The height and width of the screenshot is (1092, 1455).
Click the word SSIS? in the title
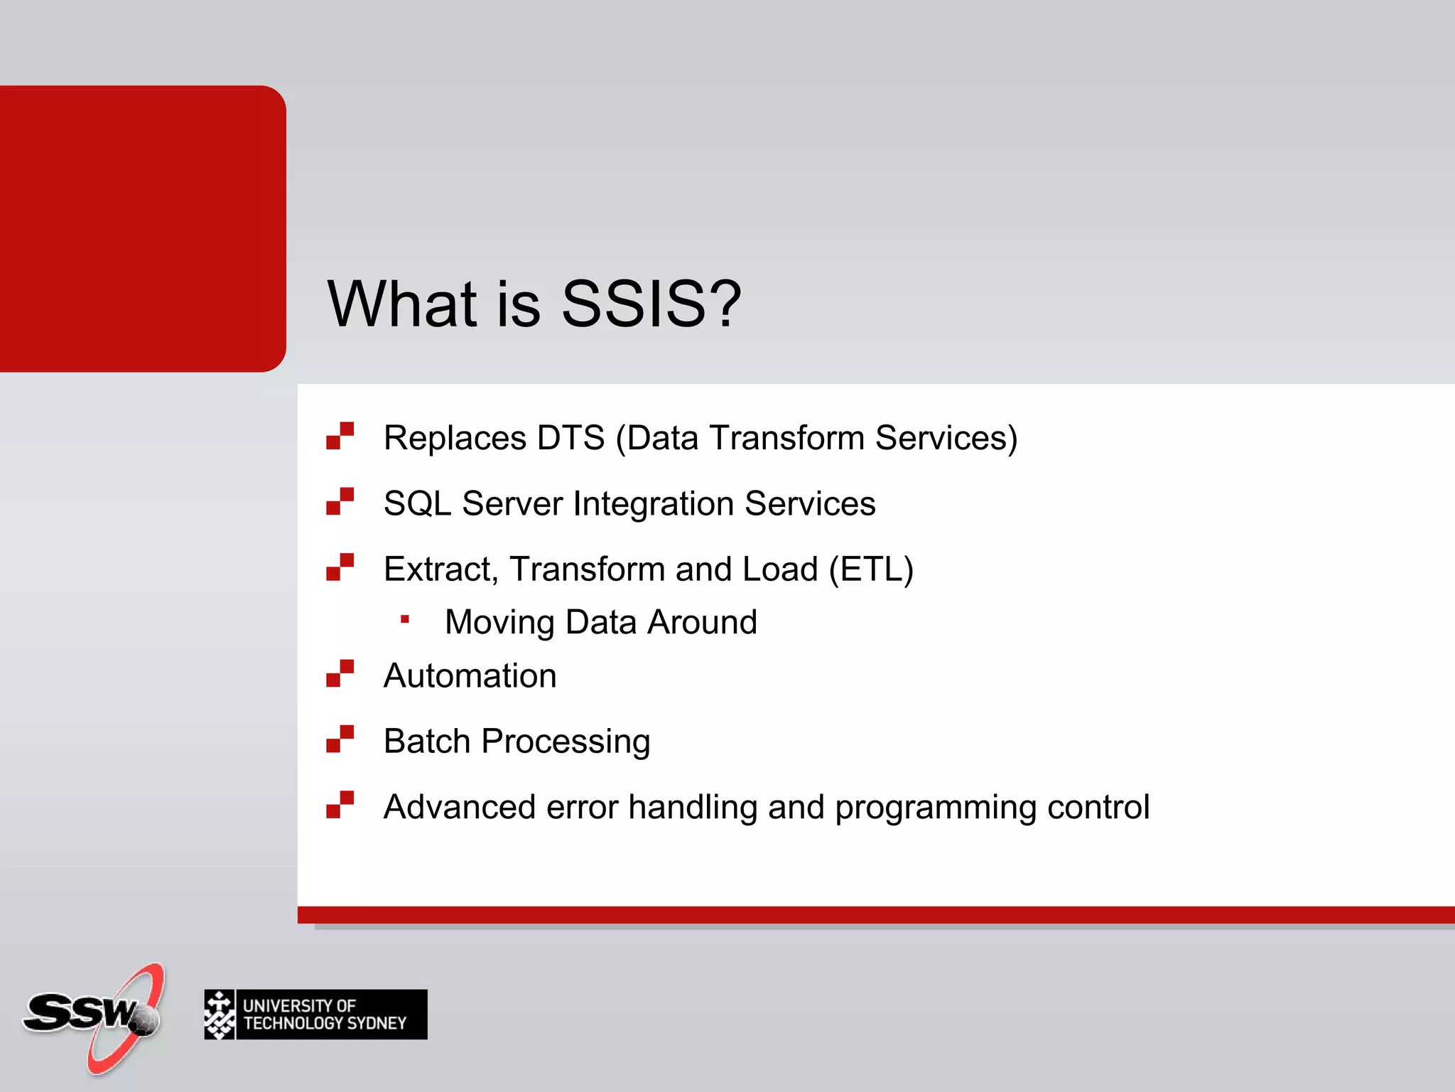pos(651,304)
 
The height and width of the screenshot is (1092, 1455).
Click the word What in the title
pos(402,304)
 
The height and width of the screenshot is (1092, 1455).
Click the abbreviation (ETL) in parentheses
pos(871,569)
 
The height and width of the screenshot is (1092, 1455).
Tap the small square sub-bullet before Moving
pos(405,619)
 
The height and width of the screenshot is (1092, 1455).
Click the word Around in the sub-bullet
pos(702,622)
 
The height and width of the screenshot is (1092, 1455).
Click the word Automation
pos(470,675)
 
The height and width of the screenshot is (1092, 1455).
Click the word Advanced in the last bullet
pos(459,807)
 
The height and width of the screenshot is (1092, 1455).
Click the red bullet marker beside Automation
pos(340,673)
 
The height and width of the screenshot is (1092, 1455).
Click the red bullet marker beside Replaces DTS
pos(340,436)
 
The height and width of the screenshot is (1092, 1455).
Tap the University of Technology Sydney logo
pos(315,1015)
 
